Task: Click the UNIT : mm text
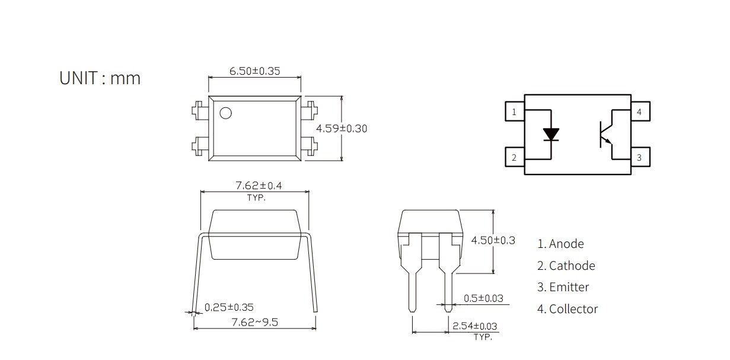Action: pos(100,78)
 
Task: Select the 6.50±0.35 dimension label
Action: pos(254,71)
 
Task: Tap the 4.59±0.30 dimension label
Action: pos(342,129)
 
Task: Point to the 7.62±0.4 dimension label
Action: pos(259,186)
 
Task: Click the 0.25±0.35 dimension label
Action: pos(229,307)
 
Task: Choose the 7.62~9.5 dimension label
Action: pos(254,322)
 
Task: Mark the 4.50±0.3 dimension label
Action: pos(493,240)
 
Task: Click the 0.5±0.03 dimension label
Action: pos(483,298)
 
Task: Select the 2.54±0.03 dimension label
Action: pos(475,326)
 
